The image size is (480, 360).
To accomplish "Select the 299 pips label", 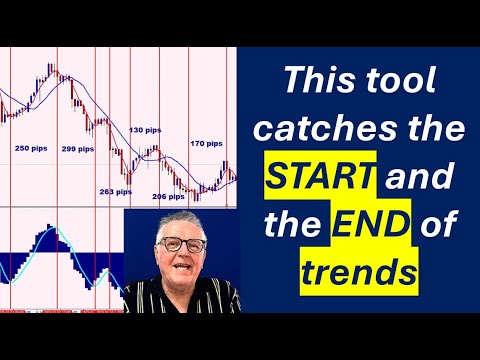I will click(76, 149).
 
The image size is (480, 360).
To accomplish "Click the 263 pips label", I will click(115, 191).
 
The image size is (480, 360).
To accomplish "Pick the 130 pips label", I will click(145, 130).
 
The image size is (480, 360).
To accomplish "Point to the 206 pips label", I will click(167, 197).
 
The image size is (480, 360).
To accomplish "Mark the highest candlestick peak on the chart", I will click(51, 68).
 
